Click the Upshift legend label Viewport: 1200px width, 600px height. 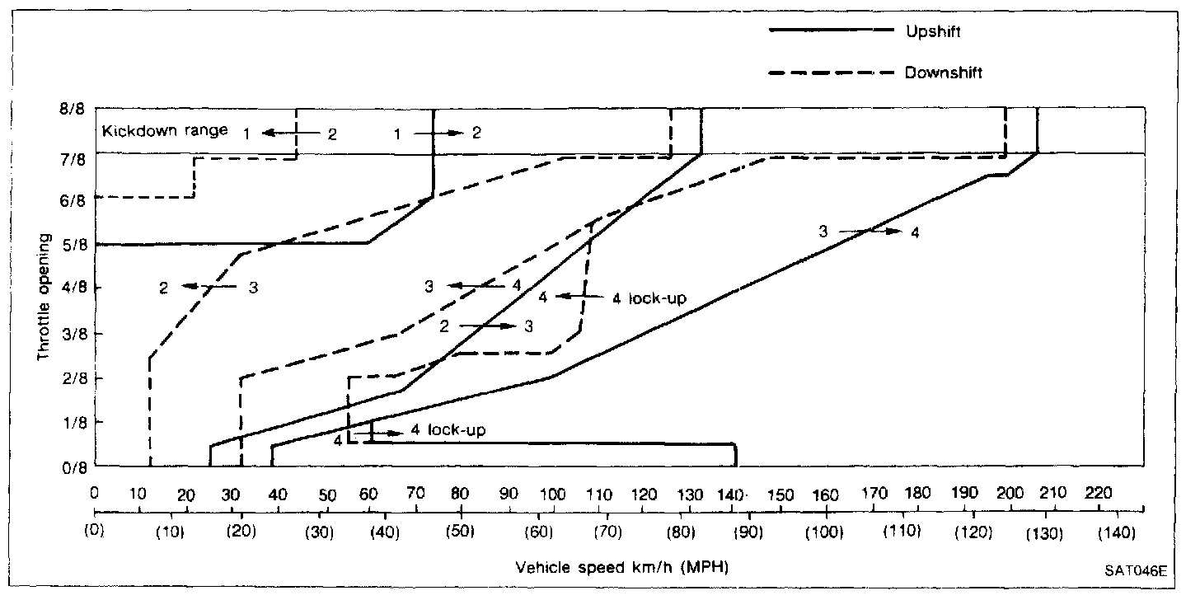point(932,31)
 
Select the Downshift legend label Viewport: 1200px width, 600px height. point(943,73)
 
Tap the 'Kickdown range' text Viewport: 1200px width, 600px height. point(164,130)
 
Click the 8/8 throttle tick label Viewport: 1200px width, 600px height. point(71,108)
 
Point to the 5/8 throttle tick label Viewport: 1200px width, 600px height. point(71,244)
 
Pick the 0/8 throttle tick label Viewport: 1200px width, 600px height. point(71,467)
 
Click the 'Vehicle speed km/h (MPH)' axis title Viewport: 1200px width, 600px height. point(623,567)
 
